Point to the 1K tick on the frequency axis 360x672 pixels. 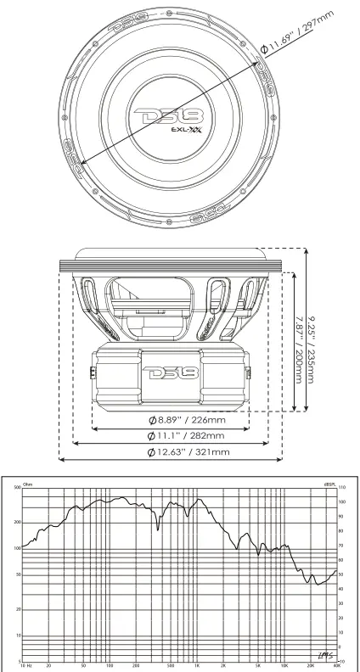(x=197, y=666)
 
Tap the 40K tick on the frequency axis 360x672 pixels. (x=338, y=666)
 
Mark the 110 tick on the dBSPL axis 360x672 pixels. (x=344, y=490)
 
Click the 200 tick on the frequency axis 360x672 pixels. (x=136, y=666)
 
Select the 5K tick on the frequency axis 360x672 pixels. (x=259, y=666)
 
